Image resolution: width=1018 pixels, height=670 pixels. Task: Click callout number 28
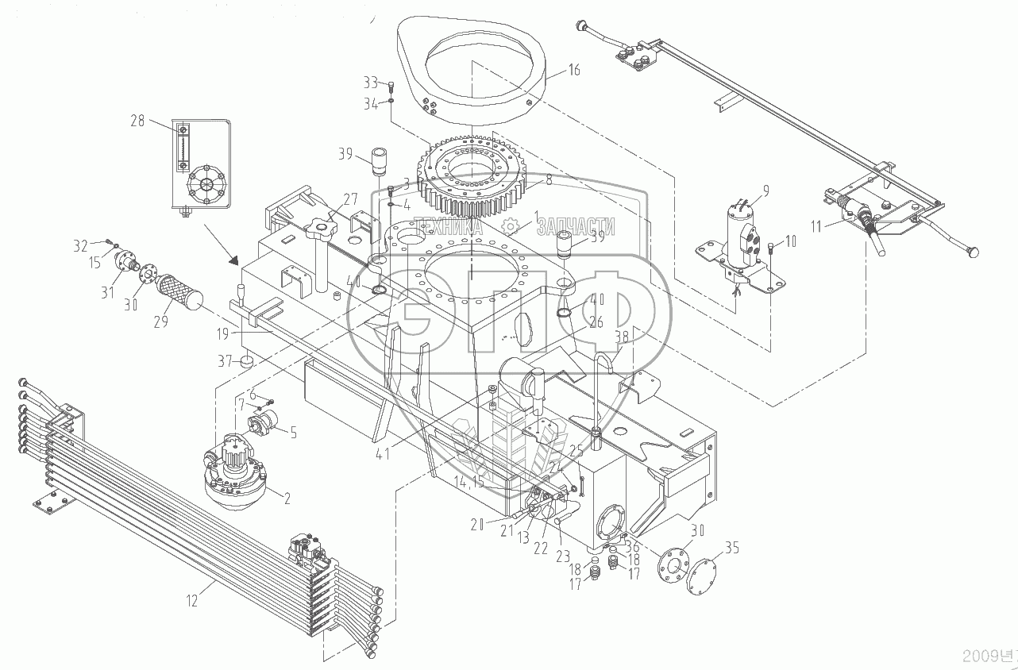point(138,121)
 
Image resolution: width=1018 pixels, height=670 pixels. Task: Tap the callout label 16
point(573,70)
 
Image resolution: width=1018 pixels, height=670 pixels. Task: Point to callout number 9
point(765,191)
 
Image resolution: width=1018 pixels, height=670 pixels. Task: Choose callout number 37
point(226,362)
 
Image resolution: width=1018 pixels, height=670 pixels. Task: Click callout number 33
point(370,83)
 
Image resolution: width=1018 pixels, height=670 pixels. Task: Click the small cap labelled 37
point(248,362)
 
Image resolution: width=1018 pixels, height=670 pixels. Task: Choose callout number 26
point(597,322)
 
